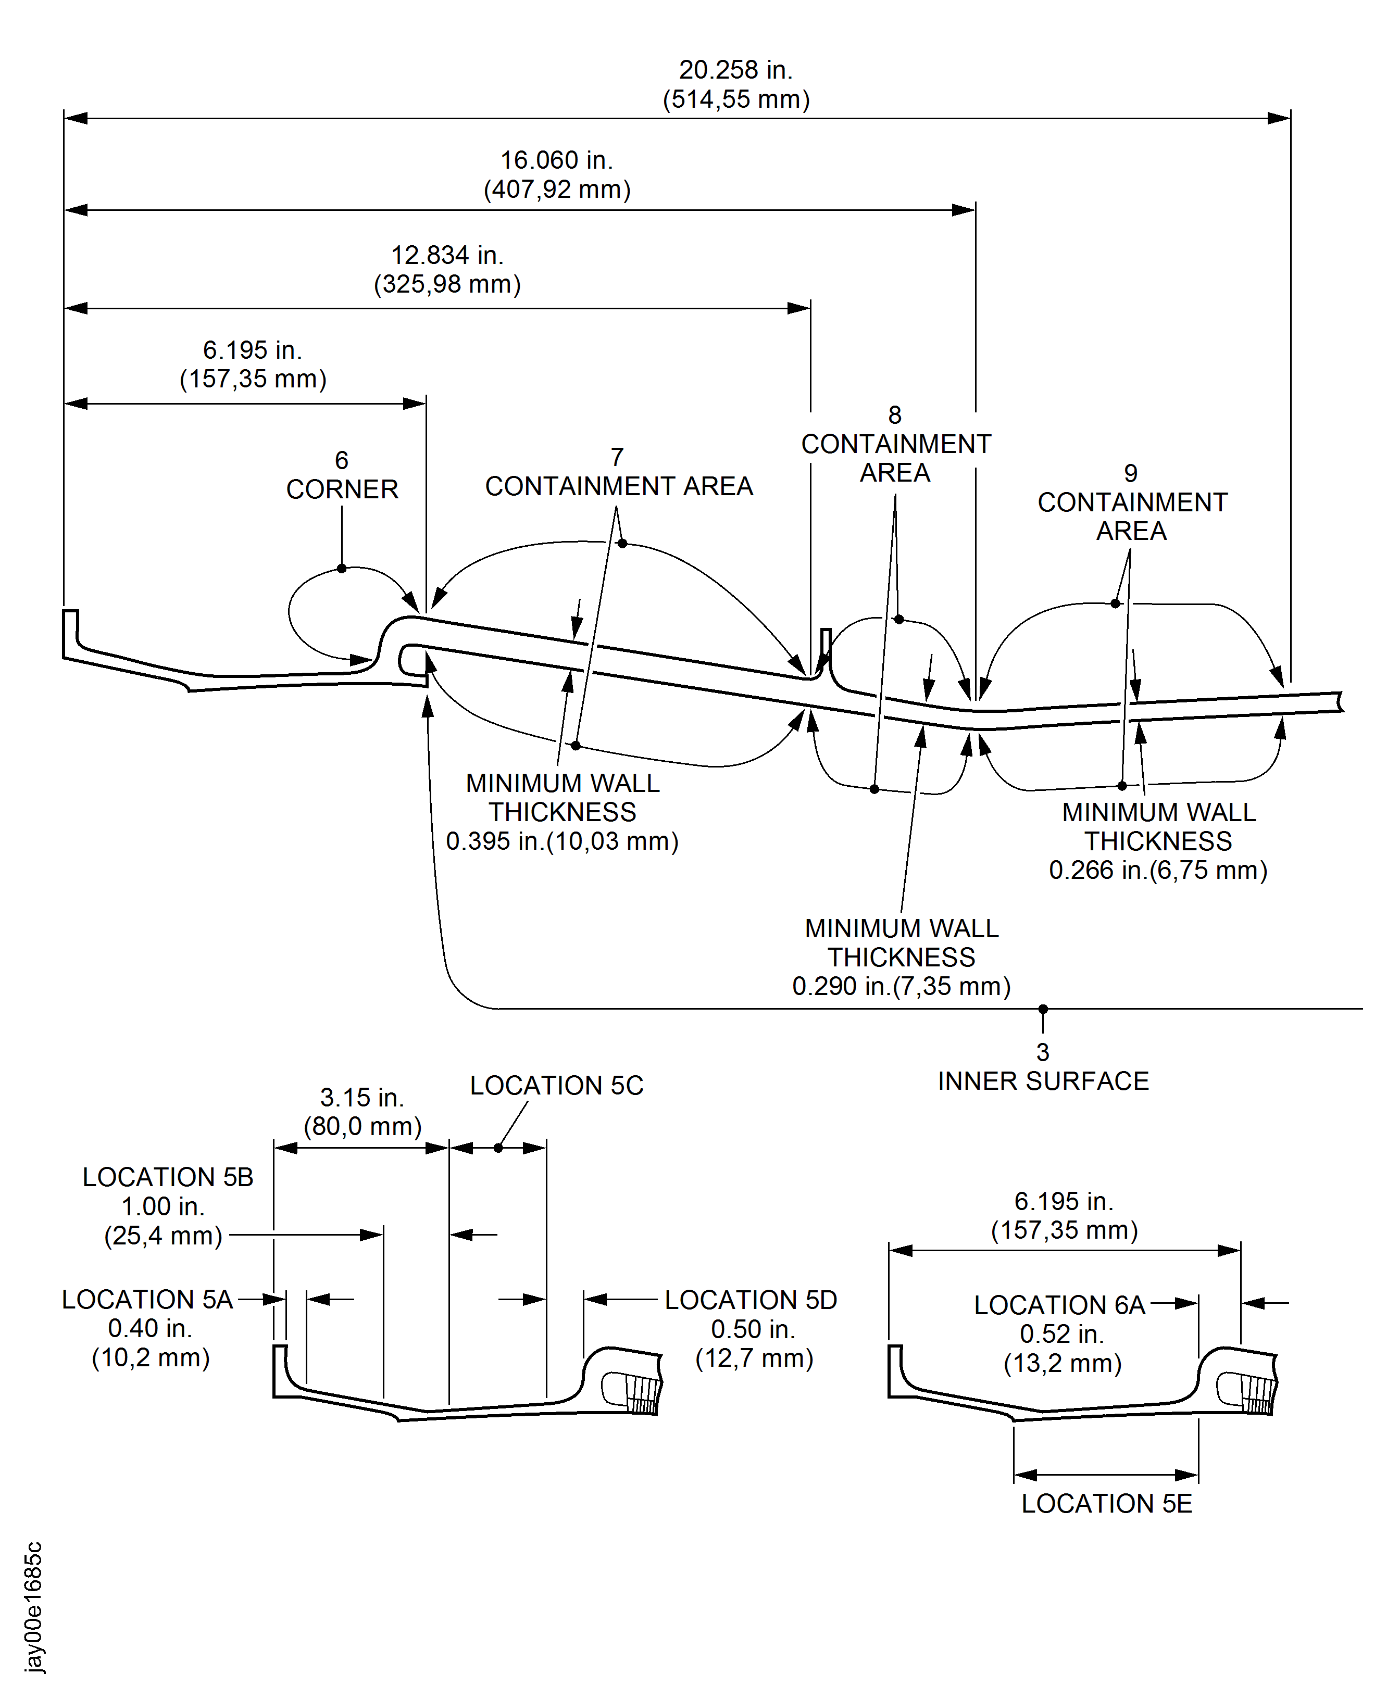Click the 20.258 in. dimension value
point(735,70)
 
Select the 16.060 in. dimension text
point(556,160)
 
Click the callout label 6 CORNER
point(342,475)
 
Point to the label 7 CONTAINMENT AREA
point(618,473)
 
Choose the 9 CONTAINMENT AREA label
point(1131,502)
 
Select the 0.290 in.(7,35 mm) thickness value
point(901,987)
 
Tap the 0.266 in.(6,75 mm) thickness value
point(1158,870)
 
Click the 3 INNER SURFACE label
point(1043,1068)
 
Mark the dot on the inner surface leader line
point(1043,1009)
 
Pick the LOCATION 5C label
point(556,1086)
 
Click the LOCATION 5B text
point(168,1177)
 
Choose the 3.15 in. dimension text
point(362,1098)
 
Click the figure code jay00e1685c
point(33,1606)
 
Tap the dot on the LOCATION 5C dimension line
point(498,1148)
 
